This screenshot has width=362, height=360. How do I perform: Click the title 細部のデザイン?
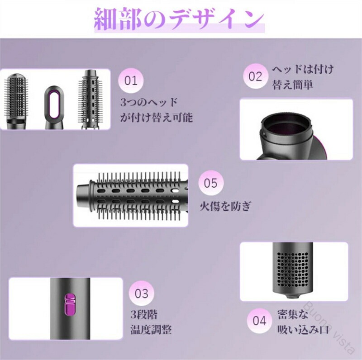179,19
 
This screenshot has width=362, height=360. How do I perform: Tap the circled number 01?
131,81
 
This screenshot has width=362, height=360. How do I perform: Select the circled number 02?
256,76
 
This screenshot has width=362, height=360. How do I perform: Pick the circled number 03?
141,294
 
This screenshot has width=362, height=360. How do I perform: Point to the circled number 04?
259,321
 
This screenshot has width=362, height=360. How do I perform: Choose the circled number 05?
211,183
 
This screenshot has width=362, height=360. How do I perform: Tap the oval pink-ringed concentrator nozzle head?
53,107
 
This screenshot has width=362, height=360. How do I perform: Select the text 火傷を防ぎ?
225,206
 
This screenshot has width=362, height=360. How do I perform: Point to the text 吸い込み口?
303,329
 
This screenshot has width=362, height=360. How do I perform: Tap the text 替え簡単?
293,85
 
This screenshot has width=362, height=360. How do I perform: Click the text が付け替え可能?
156,117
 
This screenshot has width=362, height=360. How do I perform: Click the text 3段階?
144,314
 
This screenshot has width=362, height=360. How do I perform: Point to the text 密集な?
293,314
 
